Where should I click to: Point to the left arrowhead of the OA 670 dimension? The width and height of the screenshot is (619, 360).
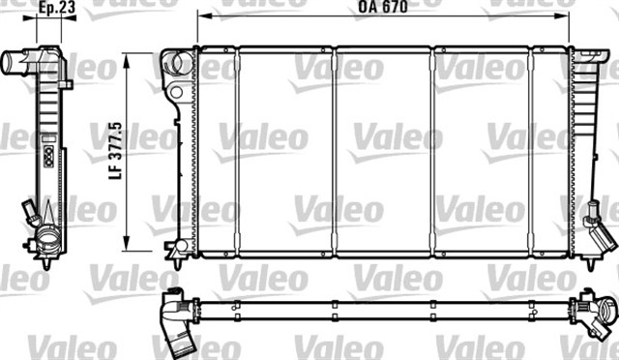click(x=201, y=16)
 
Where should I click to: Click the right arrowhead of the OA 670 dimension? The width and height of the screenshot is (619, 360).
click(x=566, y=16)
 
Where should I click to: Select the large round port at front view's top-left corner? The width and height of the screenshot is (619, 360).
click(x=175, y=64)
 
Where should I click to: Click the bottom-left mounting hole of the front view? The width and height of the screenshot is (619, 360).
click(x=180, y=249)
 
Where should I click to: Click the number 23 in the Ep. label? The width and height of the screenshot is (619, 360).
click(x=70, y=8)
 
